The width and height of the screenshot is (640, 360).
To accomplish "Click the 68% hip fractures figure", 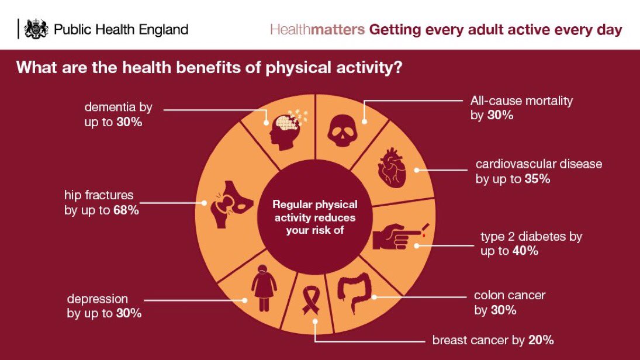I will [x=126, y=210].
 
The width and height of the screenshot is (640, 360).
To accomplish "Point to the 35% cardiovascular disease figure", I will [x=537, y=179].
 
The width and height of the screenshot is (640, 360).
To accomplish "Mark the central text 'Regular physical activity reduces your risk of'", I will [x=315, y=217].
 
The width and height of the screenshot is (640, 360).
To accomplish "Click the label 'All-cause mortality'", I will [x=521, y=101].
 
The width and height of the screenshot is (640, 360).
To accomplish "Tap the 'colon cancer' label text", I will [x=510, y=295].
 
